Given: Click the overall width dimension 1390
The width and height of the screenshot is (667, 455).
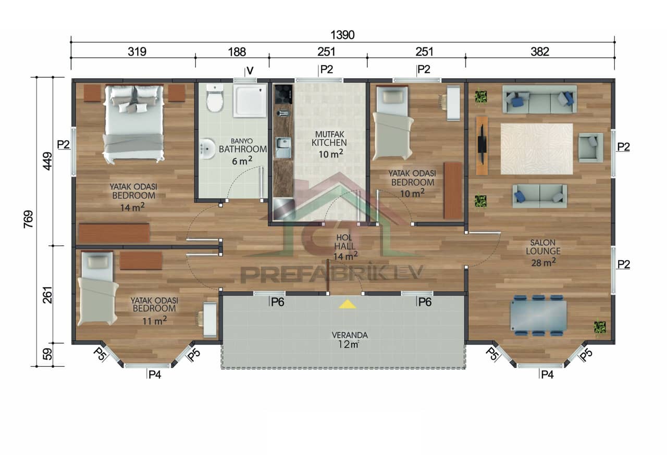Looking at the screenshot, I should [x=342, y=35].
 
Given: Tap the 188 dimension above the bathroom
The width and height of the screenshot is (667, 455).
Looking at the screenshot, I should [x=237, y=52].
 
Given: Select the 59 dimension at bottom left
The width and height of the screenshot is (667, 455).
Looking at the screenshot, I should [x=47, y=355].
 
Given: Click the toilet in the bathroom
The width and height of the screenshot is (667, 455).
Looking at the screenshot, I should [x=215, y=98].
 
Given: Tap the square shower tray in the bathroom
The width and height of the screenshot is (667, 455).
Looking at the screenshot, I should [x=250, y=100].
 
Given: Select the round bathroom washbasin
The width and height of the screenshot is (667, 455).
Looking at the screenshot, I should [x=207, y=149].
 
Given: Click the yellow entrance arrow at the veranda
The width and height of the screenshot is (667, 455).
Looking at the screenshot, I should [x=347, y=304].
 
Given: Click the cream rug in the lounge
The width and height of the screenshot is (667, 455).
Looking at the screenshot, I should [x=536, y=148].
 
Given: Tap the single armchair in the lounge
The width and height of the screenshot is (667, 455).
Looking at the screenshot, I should [x=590, y=147].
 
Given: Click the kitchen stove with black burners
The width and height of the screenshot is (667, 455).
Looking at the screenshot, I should [x=283, y=94].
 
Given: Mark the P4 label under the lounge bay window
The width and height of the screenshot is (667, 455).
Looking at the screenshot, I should [x=547, y=374].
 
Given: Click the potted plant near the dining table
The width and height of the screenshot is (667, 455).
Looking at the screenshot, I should [x=600, y=327].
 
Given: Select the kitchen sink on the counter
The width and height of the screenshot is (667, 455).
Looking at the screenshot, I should [x=283, y=147].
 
